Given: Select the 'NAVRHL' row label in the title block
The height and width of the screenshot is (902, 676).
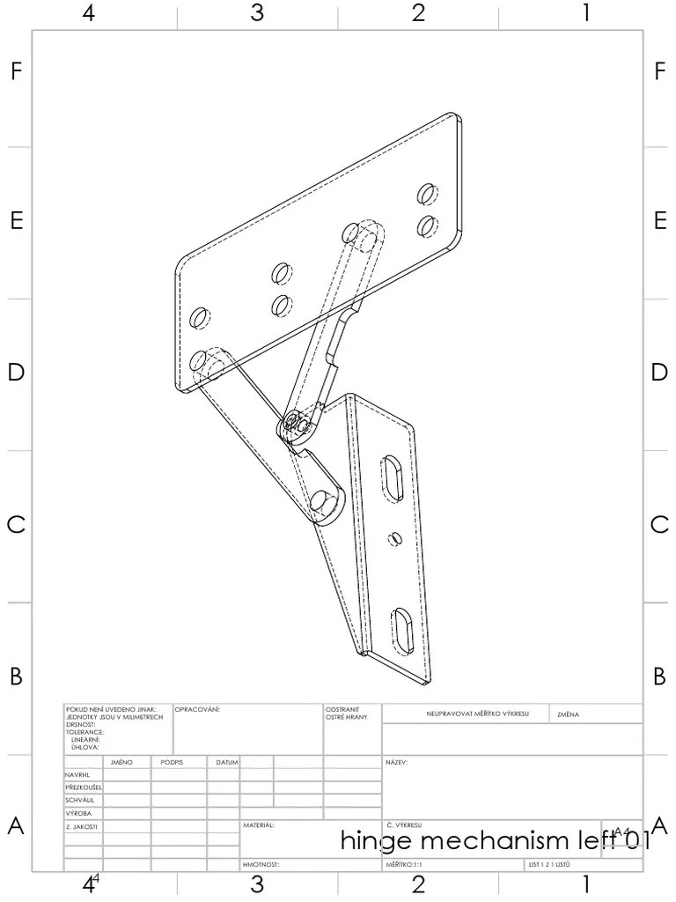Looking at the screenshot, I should pyautogui.click(x=78, y=775).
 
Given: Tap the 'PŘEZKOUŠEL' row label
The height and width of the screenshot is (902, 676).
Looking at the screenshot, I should pyautogui.click(x=84, y=787).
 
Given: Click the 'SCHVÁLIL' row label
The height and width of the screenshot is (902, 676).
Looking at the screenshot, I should pyautogui.click(x=80, y=800).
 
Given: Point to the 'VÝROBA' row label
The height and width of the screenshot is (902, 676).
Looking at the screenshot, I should pyautogui.click(x=78, y=813).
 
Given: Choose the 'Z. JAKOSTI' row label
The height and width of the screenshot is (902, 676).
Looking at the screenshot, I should pyautogui.click(x=81, y=827).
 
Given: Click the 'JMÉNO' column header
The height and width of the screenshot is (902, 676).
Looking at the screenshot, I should pyautogui.click(x=121, y=762).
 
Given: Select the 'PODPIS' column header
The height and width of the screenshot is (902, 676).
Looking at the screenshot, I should pyautogui.click(x=172, y=762).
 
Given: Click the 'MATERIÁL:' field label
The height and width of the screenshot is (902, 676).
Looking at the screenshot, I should pyautogui.click(x=259, y=826).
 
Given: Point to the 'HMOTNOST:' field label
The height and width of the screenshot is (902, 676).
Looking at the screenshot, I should pyautogui.click(x=261, y=865).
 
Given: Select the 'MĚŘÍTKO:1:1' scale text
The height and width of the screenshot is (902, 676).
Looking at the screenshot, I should pyautogui.click(x=405, y=865).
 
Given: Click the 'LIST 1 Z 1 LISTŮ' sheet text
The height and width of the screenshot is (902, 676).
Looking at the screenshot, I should pyautogui.click(x=550, y=865).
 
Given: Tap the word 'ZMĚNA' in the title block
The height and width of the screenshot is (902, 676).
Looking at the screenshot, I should pyautogui.click(x=569, y=714).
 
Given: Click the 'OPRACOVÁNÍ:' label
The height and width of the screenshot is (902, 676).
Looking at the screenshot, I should pyautogui.click(x=197, y=708).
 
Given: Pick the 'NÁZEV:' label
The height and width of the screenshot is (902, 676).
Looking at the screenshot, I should pyautogui.click(x=396, y=762).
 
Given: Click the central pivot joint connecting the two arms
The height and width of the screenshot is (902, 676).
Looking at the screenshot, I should pyautogui.click(x=295, y=427).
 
